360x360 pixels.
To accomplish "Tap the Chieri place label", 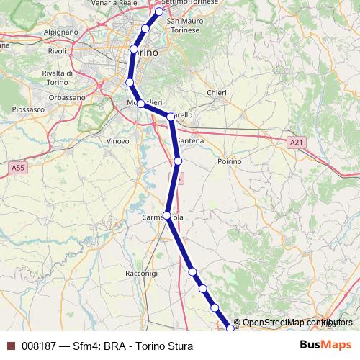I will coord(216,93).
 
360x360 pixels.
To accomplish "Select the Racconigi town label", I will coord(141,274).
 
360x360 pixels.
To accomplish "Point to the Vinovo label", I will coord(117,141).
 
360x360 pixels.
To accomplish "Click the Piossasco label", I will coord(28,109).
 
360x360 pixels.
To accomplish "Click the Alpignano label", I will coord(60,33).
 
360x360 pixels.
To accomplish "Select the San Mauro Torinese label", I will coord(184,26).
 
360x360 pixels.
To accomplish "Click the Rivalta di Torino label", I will coord(61,78).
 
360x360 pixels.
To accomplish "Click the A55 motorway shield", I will coord(19,167).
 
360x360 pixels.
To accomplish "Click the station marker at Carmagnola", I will coord(167,215).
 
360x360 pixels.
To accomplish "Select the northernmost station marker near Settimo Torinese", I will coord(159,12).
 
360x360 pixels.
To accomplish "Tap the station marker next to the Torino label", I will coord(134,50).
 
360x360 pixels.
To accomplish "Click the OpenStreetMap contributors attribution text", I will coord(297,323).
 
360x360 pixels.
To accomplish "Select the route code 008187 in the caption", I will coord(40,346).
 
